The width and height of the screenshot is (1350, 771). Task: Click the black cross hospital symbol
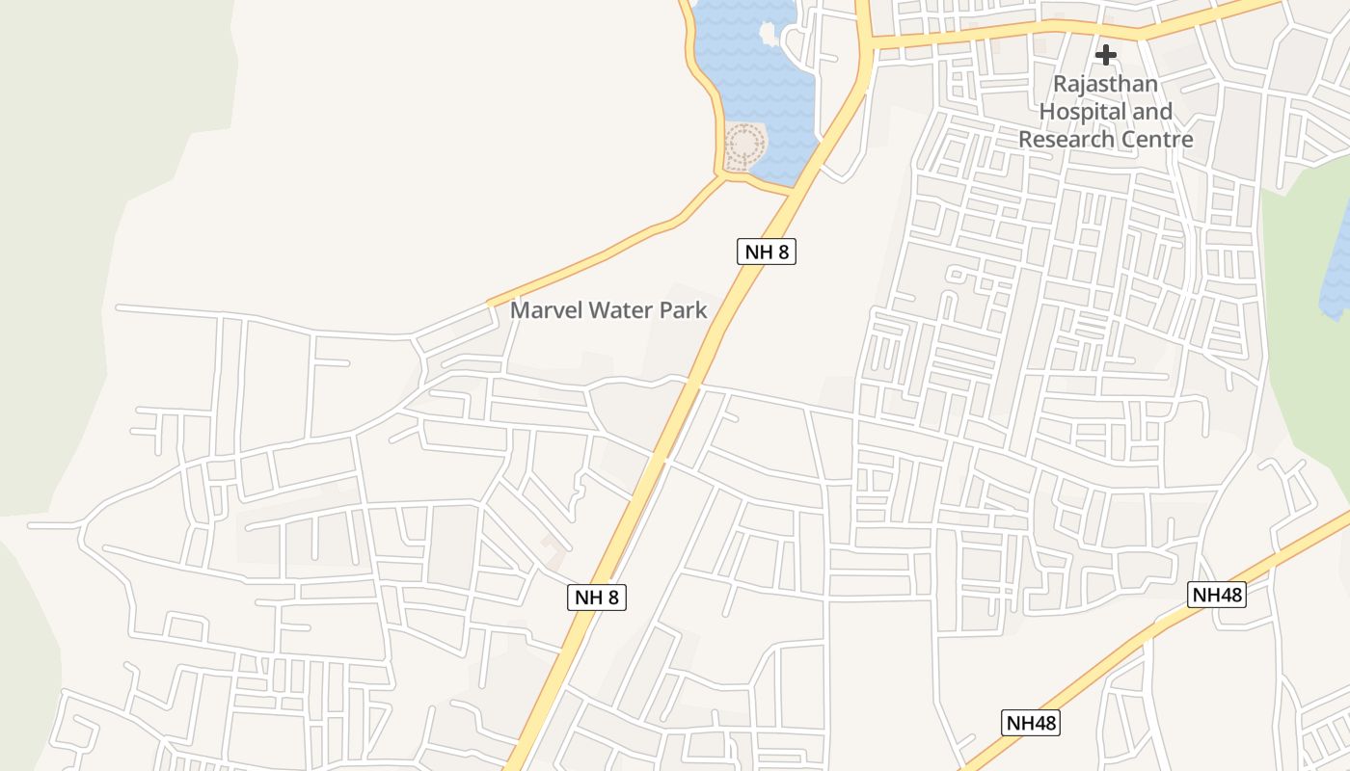click(1105, 54)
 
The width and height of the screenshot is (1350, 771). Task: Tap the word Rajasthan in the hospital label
click(1105, 84)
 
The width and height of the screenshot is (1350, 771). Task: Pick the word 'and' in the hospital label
click(1152, 112)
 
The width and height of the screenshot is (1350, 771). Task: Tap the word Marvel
click(546, 310)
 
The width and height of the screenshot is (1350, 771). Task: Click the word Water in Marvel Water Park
click(623, 310)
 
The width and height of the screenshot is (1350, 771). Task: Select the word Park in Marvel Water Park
click(685, 310)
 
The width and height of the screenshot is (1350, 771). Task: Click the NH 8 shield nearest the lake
click(768, 253)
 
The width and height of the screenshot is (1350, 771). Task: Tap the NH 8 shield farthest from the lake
click(597, 598)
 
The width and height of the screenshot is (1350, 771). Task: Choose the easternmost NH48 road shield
click(1217, 595)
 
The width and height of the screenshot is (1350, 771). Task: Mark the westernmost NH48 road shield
click(1031, 723)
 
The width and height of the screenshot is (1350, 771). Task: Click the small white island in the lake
click(769, 34)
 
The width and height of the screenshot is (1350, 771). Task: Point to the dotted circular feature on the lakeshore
click(745, 146)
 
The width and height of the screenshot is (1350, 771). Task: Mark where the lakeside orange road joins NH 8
click(793, 192)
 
